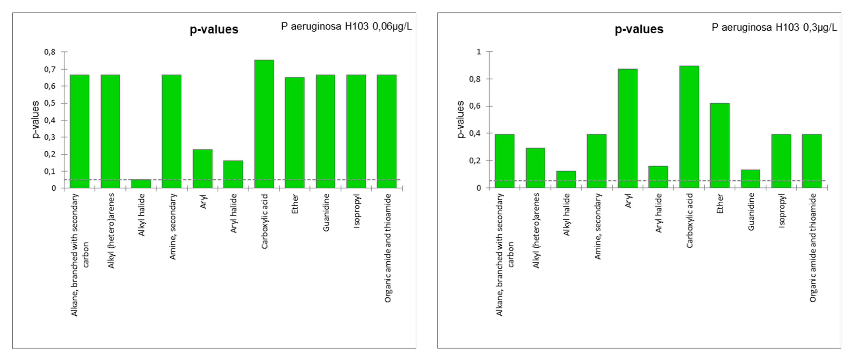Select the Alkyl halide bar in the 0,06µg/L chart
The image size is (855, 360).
click(141, 184)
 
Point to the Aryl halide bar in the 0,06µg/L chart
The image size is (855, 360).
click(233, 174)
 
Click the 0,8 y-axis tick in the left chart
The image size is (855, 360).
click(50, 52)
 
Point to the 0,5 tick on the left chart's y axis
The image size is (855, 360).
click(50, 103)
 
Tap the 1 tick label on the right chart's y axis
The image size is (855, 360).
click(479, 52)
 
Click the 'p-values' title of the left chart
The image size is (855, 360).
click(214, 30)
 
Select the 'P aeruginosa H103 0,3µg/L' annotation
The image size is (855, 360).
click(774, 27)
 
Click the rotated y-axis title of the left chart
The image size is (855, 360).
click(35, 120)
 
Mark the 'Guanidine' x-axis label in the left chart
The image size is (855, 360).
click(326, 213)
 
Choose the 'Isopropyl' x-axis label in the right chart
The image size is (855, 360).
click(782, 211)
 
